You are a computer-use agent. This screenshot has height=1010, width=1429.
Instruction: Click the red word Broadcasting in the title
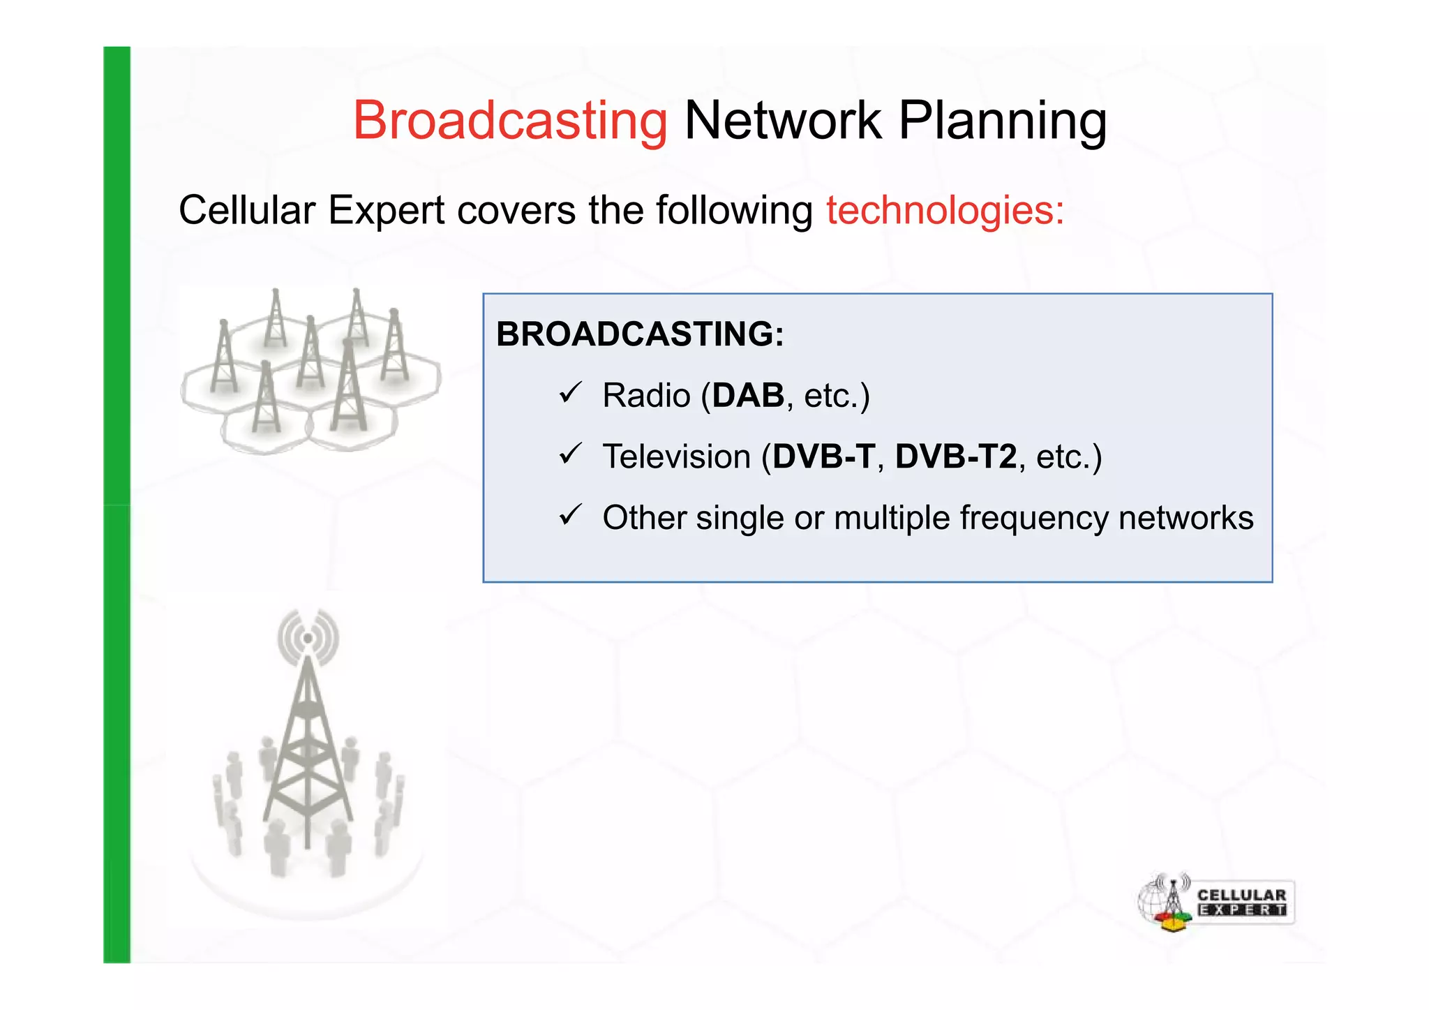tap(510, 120)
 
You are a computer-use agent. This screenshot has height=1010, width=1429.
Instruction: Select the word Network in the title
tap(783, 120)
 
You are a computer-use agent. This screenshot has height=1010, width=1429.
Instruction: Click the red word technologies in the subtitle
tap(945, 210)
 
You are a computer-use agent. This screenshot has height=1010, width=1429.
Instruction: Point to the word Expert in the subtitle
tap(386, 210)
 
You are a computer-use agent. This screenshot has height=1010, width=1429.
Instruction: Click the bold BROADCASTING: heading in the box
tap(640, 334)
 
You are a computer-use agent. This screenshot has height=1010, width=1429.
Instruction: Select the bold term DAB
tap(748, 396)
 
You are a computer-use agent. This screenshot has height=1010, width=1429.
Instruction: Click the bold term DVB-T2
tap(956, 456)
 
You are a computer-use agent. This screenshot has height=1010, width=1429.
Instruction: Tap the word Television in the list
tap(676, 456)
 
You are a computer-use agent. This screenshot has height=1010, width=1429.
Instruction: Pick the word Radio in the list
tap(646, 396)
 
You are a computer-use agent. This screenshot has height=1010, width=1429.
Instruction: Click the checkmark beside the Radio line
tap(570, 393)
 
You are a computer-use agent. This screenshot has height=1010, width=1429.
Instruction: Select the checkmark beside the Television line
tap(570, 454)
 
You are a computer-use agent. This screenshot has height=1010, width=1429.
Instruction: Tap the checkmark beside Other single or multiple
tap(570, 516)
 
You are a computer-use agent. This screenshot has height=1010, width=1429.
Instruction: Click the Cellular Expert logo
tap(1215, 903)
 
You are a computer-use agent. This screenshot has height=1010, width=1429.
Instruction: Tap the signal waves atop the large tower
tap(308, 637)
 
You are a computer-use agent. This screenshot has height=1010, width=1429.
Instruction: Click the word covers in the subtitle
tap(516, 210)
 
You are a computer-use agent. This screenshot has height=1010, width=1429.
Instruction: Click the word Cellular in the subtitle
tap(248, 210)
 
